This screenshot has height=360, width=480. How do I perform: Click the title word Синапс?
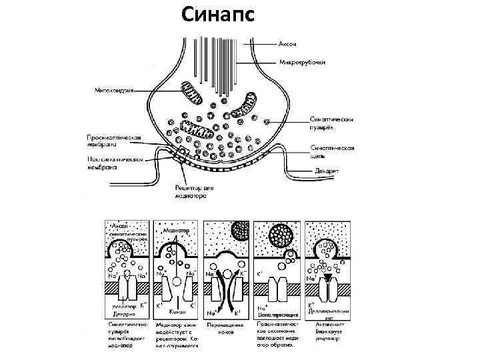tap(219, 14)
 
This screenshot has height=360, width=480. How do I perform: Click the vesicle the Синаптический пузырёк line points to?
tap(267, 121)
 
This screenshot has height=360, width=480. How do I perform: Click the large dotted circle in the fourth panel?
tap(281, 236)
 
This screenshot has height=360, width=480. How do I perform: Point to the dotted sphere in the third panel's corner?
tap(240, 231)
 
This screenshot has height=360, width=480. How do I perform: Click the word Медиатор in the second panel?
tap(176, 230)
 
